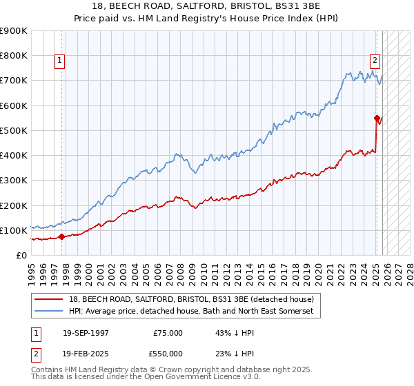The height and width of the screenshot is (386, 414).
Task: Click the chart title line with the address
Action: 207,6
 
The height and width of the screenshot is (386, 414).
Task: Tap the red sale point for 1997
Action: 61,236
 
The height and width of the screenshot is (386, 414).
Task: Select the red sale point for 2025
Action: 377,118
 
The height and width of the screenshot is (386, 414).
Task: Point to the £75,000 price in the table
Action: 168,333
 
